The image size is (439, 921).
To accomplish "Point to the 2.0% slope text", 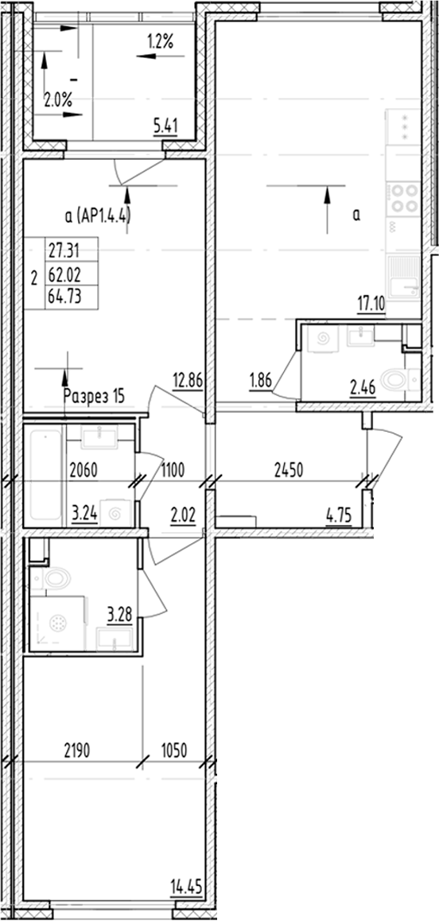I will point(57,100).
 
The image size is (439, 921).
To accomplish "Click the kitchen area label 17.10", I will point(372,302).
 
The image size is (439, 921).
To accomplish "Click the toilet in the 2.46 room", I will point(394,380).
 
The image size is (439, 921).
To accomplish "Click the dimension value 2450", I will point(287,470).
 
